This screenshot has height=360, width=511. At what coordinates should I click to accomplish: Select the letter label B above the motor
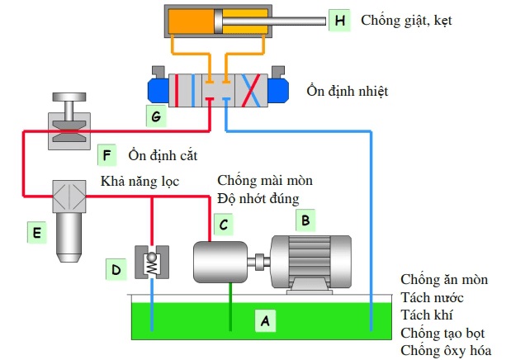pyautogui.click(x=305, y=220)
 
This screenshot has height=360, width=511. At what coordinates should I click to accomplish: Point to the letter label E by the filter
pyautogui.click(x=36, y=234)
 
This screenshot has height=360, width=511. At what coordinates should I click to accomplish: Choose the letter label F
pyautogui.click(x=105, y=154)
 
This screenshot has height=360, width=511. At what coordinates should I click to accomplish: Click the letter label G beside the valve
pyautogui.click(x=155, y=116)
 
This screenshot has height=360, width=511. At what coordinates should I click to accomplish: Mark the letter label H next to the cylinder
pyautogui.click(x=338, y=19)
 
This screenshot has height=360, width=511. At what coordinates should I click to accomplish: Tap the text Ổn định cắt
pyautogui.click(x=163, y=154)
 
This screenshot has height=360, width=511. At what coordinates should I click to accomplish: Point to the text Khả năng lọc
pyautogui.click(x=140, y=180)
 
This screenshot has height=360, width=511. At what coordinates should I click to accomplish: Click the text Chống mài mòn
pyautogui.click(x=265, y=180)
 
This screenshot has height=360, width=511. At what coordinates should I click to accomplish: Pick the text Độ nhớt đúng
pyautogui.click(x=258, y=198)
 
